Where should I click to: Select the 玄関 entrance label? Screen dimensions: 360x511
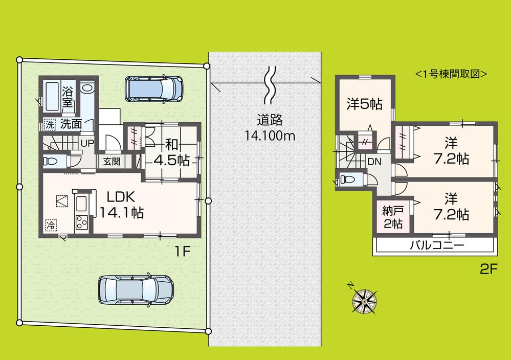tap(111, 162)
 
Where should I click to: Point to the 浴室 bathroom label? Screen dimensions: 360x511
tap(68, 98)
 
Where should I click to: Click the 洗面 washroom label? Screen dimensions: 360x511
tap(71, 123)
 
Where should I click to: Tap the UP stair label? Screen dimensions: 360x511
tap(86, 143)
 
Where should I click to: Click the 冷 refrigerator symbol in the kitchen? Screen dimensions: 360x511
tap(51, 224)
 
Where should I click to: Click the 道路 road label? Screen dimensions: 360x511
tap(270, 121)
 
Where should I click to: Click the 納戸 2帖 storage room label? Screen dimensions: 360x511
tap(392, 216)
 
